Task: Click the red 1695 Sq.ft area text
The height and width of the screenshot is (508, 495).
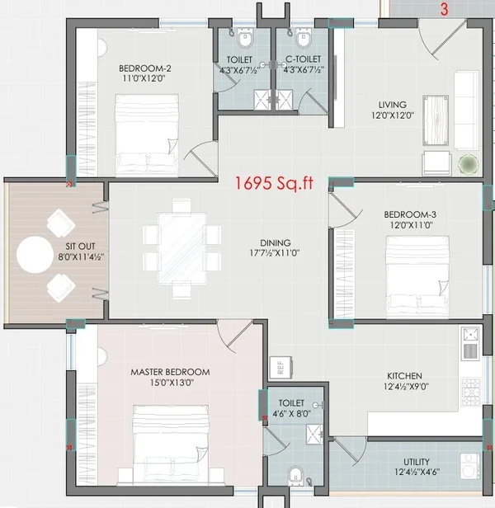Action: pos(274,183)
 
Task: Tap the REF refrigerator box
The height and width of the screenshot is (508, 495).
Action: pos(280,368)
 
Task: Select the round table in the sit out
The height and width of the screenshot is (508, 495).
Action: pos(35,255)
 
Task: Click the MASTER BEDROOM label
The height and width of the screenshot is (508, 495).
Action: pos(170,372)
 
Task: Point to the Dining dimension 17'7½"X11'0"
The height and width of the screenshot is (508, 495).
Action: pos(275,252)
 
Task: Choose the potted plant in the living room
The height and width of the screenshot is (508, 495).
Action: pos(468,164)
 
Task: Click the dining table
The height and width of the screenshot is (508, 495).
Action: pos(182,249)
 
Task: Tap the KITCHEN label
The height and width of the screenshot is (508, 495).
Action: pos(404,376)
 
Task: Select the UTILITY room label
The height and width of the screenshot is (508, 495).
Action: pos(417,462)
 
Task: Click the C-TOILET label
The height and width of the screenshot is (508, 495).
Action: pos(304,59)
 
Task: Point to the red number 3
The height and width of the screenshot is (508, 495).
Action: pos(444,9)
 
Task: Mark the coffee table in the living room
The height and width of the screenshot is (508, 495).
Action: pos(436,120)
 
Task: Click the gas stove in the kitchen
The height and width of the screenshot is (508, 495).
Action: pos(471,392)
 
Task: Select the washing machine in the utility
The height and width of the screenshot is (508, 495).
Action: pos(469,465)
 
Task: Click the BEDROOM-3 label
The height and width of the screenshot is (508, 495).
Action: pos(410,214)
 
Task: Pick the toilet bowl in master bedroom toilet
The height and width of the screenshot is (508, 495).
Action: pos(295,477)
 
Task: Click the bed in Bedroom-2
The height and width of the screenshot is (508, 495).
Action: pos(147,135)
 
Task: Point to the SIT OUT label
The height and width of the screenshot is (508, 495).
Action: pos(80,247)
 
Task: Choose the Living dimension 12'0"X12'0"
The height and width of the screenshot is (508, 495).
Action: pos(393,115)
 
